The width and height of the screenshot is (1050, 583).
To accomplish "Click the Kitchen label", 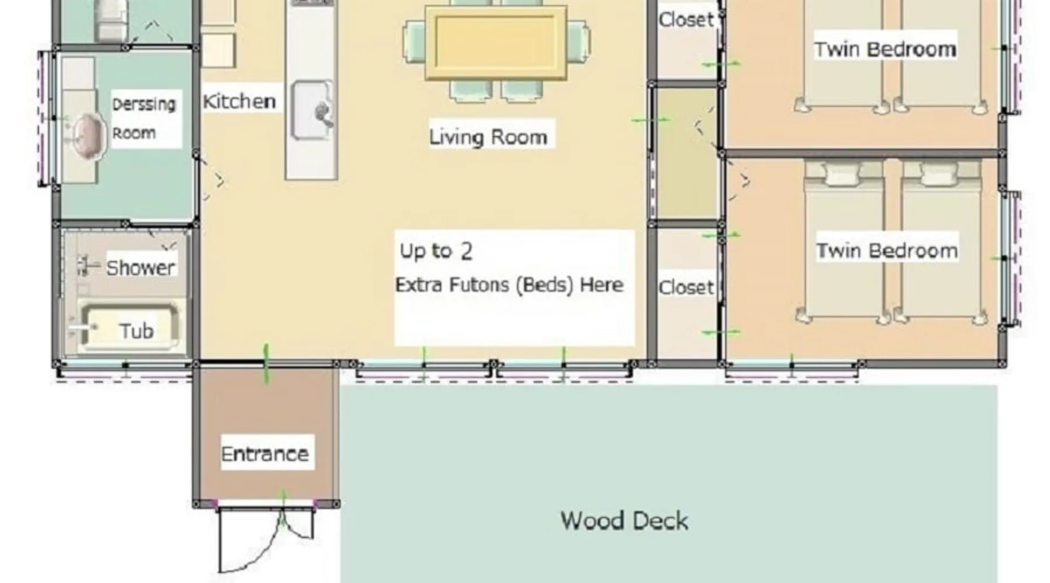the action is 239,101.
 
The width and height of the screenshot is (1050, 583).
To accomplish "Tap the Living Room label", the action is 488,137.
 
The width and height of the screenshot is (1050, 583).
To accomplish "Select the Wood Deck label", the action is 624,521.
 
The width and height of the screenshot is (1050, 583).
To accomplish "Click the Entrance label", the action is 265,454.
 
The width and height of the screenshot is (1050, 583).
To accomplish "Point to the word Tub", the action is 136,331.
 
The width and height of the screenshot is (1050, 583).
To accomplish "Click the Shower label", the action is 141,268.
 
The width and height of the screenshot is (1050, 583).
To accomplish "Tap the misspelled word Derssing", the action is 143,104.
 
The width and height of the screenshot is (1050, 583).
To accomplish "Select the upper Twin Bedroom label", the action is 885,49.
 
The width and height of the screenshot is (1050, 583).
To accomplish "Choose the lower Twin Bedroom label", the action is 887,251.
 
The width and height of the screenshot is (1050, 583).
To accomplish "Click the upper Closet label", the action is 686,19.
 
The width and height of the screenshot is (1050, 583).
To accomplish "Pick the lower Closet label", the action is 686,287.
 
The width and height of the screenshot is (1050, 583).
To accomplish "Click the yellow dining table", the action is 496,42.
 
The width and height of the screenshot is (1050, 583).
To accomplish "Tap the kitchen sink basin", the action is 312,110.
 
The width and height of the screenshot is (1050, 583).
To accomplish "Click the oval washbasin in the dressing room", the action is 87,136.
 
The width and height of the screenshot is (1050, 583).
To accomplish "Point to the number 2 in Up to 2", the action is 466,251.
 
